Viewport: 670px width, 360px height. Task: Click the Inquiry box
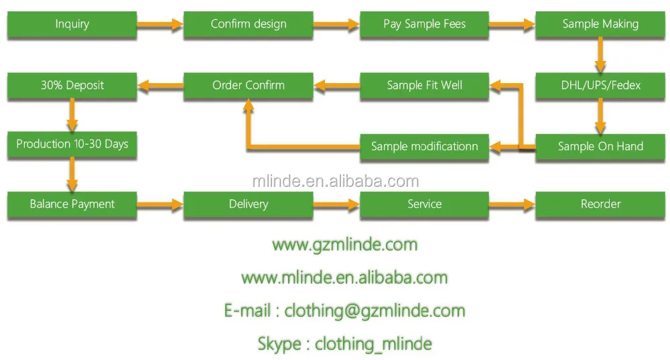pos(72,24)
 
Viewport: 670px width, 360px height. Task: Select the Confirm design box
pos(248,24)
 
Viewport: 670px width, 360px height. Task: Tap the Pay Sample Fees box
pos(424,24)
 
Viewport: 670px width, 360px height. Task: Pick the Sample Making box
pos(600,24)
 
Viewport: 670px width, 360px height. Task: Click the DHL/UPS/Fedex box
pos(600,86)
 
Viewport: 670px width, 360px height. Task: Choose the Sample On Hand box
pos(600,146)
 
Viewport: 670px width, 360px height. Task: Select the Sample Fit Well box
pos(424,86)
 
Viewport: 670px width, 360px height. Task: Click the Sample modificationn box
pos(424,146)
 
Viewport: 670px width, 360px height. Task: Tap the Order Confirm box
pos(248,86)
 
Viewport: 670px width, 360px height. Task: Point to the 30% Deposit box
pos(72,86)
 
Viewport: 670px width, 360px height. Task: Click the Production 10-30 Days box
pos(72,144)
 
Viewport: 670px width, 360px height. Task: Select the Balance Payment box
pos(72,204)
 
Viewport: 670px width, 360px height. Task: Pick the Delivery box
pos(248,204)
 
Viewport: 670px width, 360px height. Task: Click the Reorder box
pos(600,204)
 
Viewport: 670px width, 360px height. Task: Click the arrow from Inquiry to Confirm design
pos(160,25)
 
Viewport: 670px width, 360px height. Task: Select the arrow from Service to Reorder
pos(512,204)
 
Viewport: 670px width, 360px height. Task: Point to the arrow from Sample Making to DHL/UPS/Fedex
pos(600,55)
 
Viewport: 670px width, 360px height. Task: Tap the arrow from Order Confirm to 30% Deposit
pos(160,85)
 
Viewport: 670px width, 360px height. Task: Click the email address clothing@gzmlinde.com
pos(375,311)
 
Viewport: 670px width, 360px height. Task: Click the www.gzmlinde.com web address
pos(344,245)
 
